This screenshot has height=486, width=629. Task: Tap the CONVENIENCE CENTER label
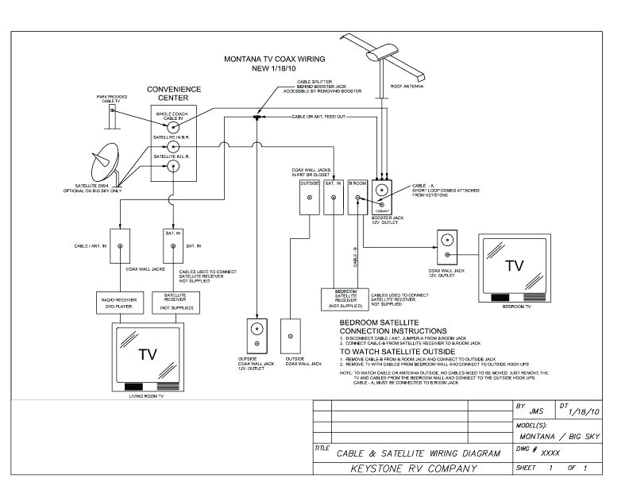click(175, 94)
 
